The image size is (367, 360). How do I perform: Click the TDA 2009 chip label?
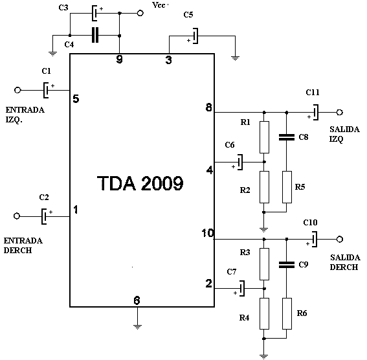click(x=140, y=183)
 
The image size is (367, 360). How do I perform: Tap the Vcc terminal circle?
click(x=140, y=13)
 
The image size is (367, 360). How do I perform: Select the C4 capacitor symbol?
click(x=95, y=35)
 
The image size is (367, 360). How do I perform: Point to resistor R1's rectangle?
click(x=264, y=137)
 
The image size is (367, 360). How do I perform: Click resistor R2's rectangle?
click(x=264, y=187)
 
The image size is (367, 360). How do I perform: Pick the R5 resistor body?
click(x=287, y=187)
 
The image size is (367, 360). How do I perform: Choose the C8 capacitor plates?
click(x=287, y=137)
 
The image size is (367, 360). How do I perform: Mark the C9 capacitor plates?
click(x=287, y=265)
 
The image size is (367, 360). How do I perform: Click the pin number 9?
click(x=119, y=59)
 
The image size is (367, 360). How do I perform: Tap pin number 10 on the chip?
click(x=208, y=233)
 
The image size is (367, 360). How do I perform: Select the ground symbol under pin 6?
click(x=137, y=327)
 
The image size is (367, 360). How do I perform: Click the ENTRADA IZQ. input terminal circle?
click(x=17, y=90)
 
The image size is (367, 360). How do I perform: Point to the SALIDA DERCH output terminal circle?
click(x=340, y=239)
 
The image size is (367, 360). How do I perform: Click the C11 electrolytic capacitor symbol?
click(x=315, y=113)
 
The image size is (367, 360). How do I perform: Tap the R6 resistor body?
click(x=287, y=313)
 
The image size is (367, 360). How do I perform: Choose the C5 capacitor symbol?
click(x=195, y=36)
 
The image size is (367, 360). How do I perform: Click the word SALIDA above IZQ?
click(x=344, y=129)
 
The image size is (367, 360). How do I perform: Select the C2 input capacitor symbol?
click(x=45, y=216)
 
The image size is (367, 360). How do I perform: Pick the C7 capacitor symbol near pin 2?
click(x=241, y=288)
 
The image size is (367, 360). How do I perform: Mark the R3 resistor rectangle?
click(x=264, y=264)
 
